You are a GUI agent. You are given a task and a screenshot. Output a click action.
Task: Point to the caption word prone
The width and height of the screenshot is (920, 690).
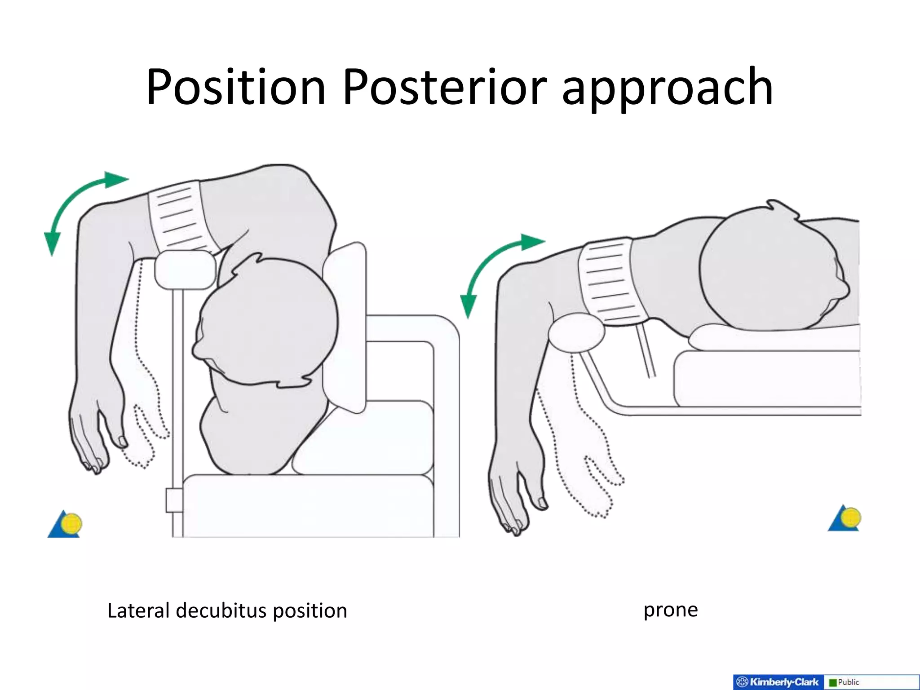coord(670,610)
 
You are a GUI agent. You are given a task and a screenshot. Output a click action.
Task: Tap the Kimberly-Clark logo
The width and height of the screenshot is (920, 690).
coord(779,682)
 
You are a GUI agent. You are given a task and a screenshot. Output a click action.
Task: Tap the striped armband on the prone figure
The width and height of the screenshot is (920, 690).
coord(612,282)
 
